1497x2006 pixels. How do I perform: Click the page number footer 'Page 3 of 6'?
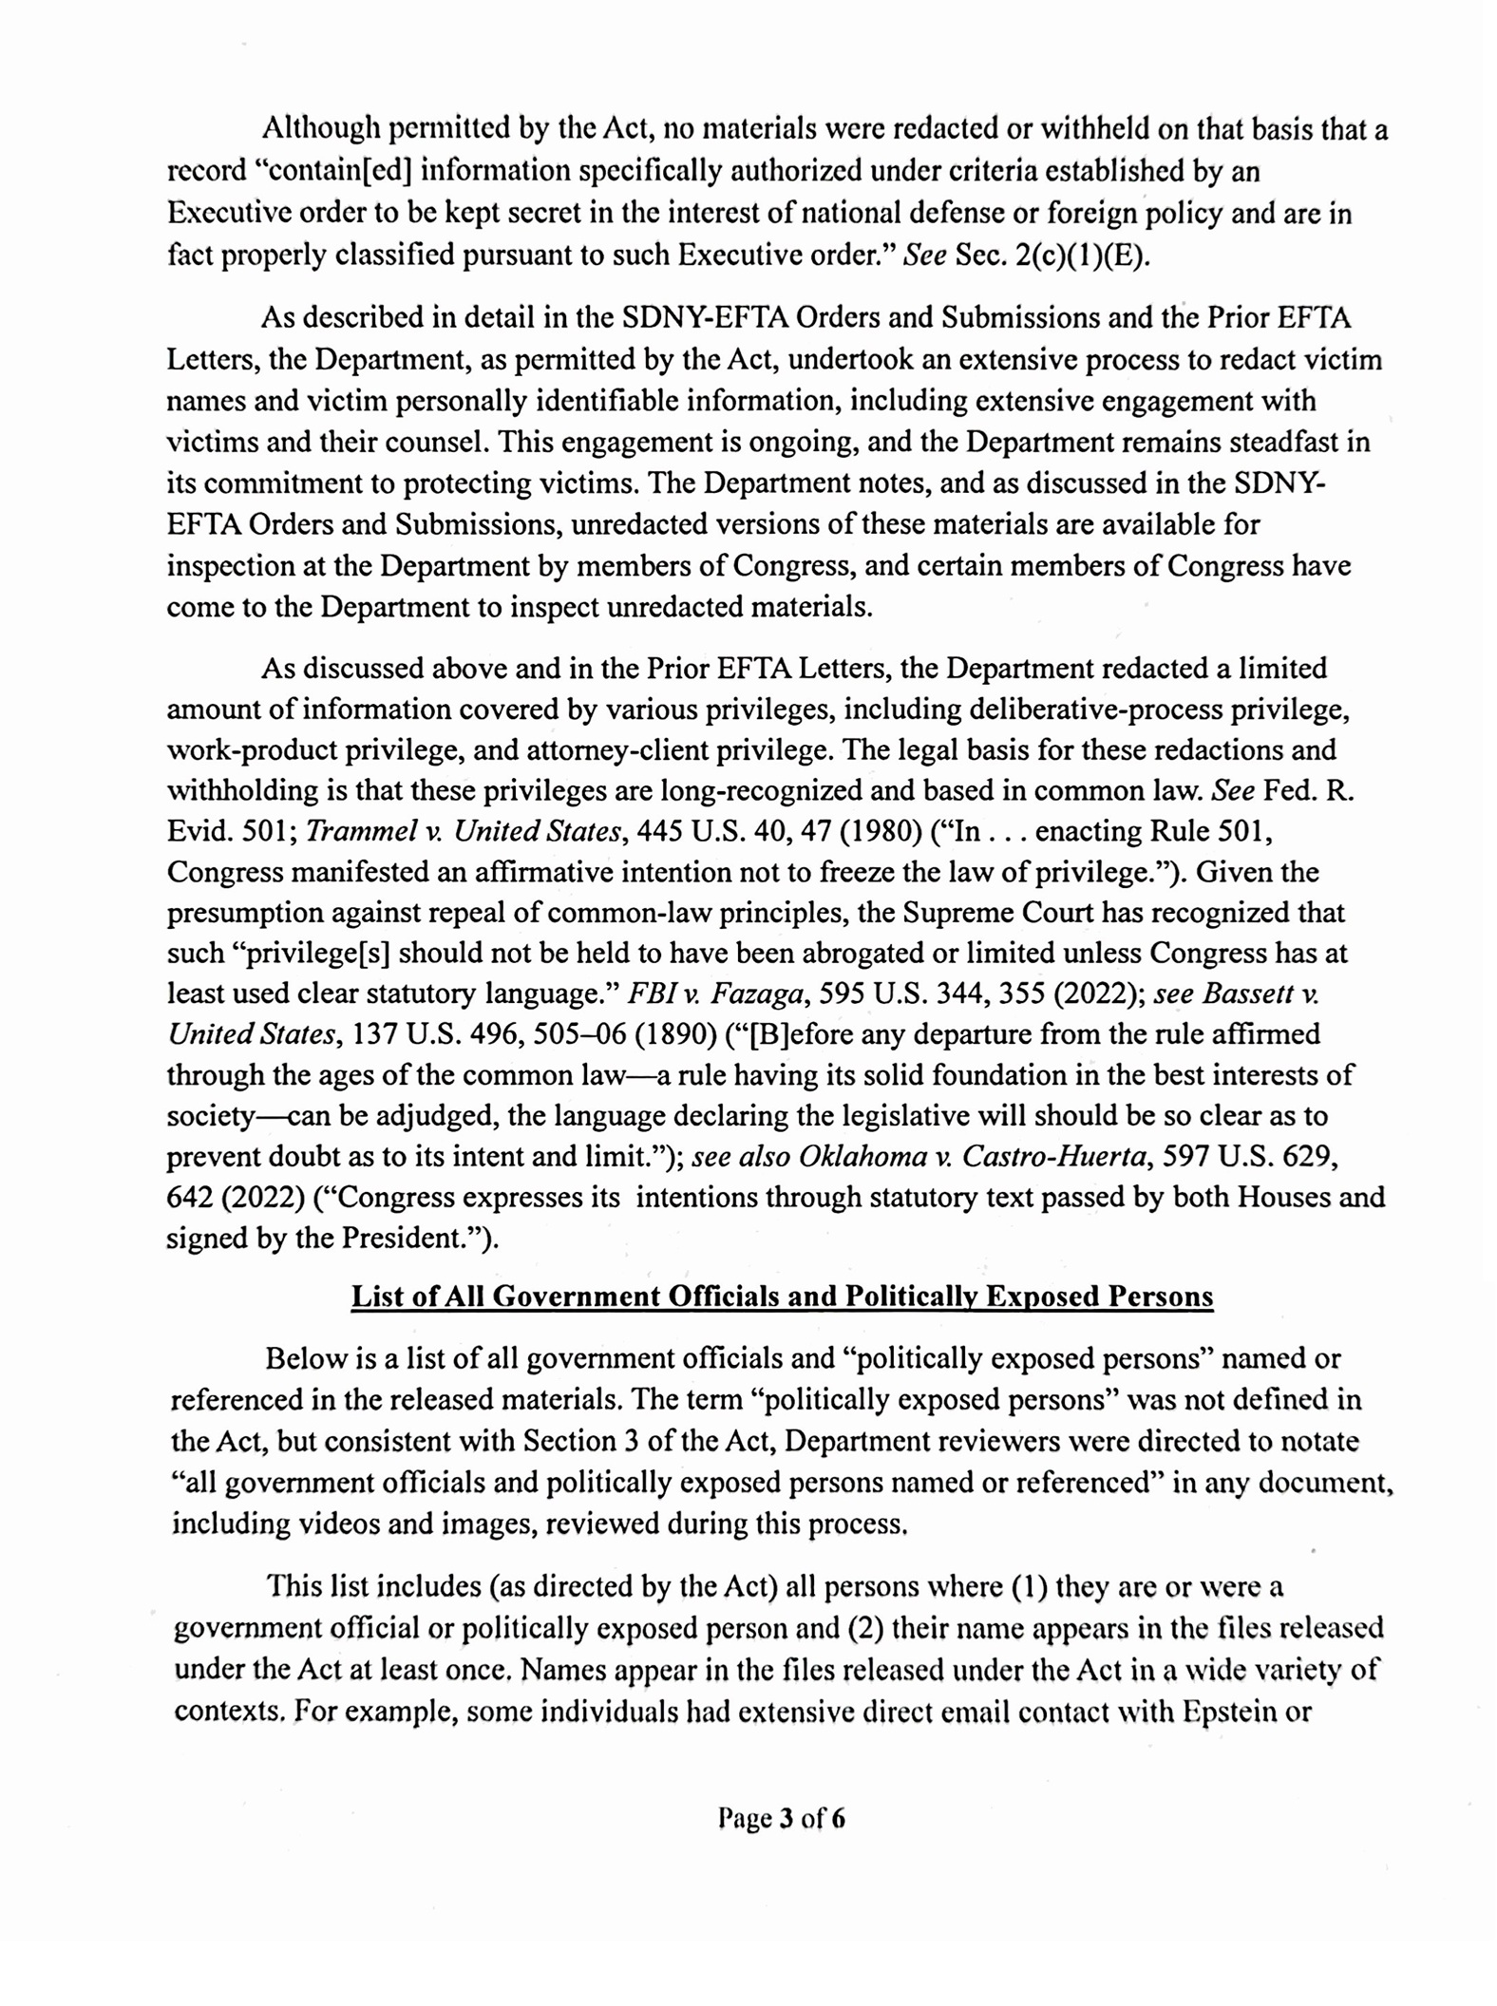782,1818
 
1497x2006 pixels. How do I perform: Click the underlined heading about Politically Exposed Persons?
782,1296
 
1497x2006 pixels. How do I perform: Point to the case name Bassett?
1245,994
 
